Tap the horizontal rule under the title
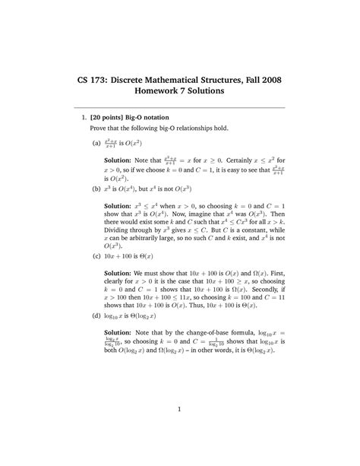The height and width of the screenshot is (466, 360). tap(180, 108)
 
